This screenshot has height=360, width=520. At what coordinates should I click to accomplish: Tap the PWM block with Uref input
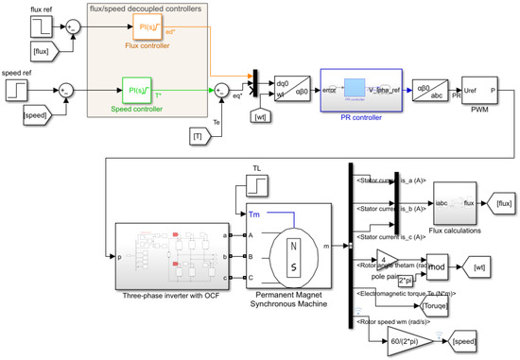tap(479, 90)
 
